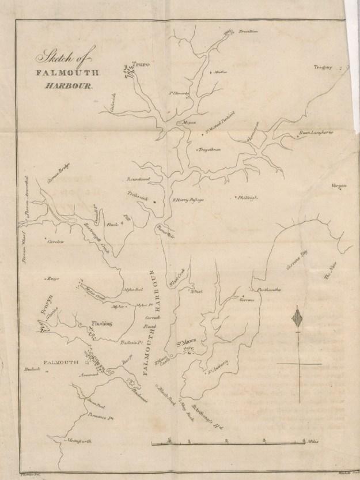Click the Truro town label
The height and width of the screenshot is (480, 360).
[x=141, y=66]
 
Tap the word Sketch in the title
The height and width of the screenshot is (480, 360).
[x=49, y=58]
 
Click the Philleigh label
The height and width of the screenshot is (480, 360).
[x=248, y=198]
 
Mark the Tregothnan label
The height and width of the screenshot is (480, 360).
[x=210, y=149]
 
